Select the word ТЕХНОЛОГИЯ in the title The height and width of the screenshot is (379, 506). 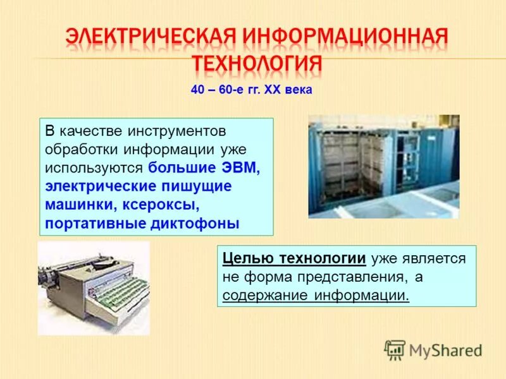coord(257,64)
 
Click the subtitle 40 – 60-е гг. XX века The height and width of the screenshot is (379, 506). coord(251,90)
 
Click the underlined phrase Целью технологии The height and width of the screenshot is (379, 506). coord(295,259)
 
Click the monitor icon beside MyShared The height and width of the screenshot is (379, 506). coord(395,349)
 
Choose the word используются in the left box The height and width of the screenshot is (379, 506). coord(95,168)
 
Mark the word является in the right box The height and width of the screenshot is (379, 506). coord(436,259)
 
